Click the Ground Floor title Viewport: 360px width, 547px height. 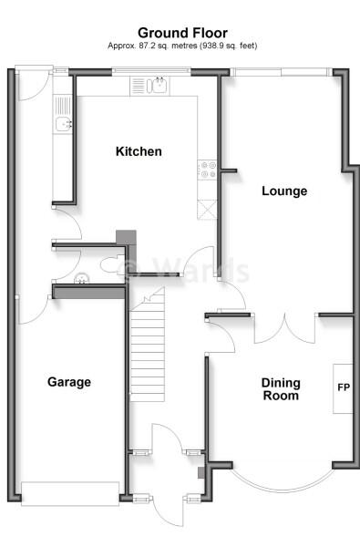click(183, 33)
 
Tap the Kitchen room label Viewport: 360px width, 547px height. click(139, 151)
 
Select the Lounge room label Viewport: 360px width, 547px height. click(283, 191)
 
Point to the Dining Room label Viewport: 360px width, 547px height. click(281, 389)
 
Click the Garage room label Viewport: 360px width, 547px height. click(69, 382)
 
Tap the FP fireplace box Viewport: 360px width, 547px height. click(344, 388)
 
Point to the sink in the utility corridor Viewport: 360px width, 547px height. click(63, 124)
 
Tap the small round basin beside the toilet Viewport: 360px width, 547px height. click(82, 280)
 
